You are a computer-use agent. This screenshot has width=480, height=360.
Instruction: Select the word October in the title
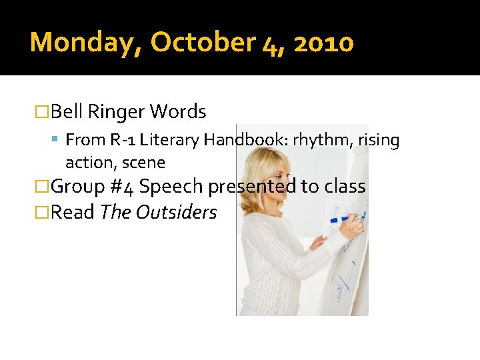(x=201, y=43)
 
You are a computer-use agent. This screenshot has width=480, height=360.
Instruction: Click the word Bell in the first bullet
(x=66, y=111)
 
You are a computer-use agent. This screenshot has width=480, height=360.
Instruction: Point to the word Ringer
(x=116, y=111)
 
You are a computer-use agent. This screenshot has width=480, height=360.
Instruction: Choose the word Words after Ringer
(x=178, y=111)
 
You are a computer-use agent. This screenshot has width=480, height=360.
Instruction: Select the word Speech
(x=172, y=187)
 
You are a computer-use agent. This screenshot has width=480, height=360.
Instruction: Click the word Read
(x=73, y=212)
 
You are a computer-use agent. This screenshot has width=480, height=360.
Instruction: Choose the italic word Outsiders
(x=177, y=212)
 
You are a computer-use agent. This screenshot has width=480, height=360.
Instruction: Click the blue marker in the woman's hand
(x=347, y=218)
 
